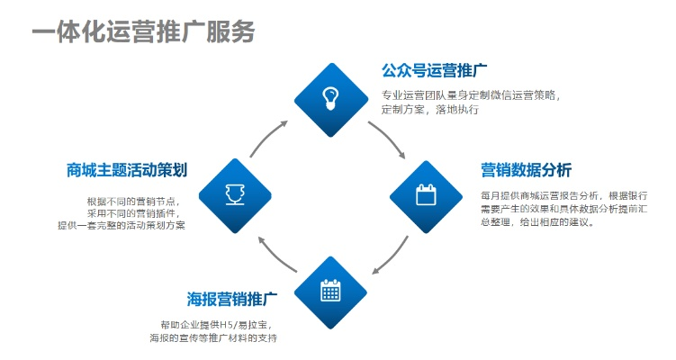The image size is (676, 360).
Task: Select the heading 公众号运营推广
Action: point(434,70)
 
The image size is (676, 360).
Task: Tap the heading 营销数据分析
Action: point(526,170)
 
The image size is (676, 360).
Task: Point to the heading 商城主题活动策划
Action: point(127,170)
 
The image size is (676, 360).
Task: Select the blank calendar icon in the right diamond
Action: point(425,193)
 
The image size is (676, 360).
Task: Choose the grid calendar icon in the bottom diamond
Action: point(331,290)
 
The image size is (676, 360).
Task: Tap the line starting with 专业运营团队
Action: point(471,94)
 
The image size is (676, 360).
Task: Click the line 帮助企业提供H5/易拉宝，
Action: point(215,324)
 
